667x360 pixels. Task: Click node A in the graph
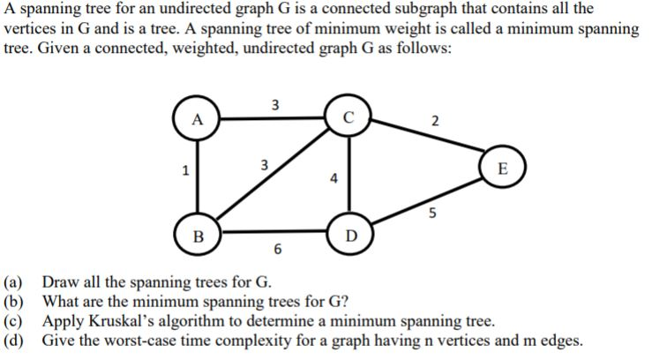click(x=198, y=120)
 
